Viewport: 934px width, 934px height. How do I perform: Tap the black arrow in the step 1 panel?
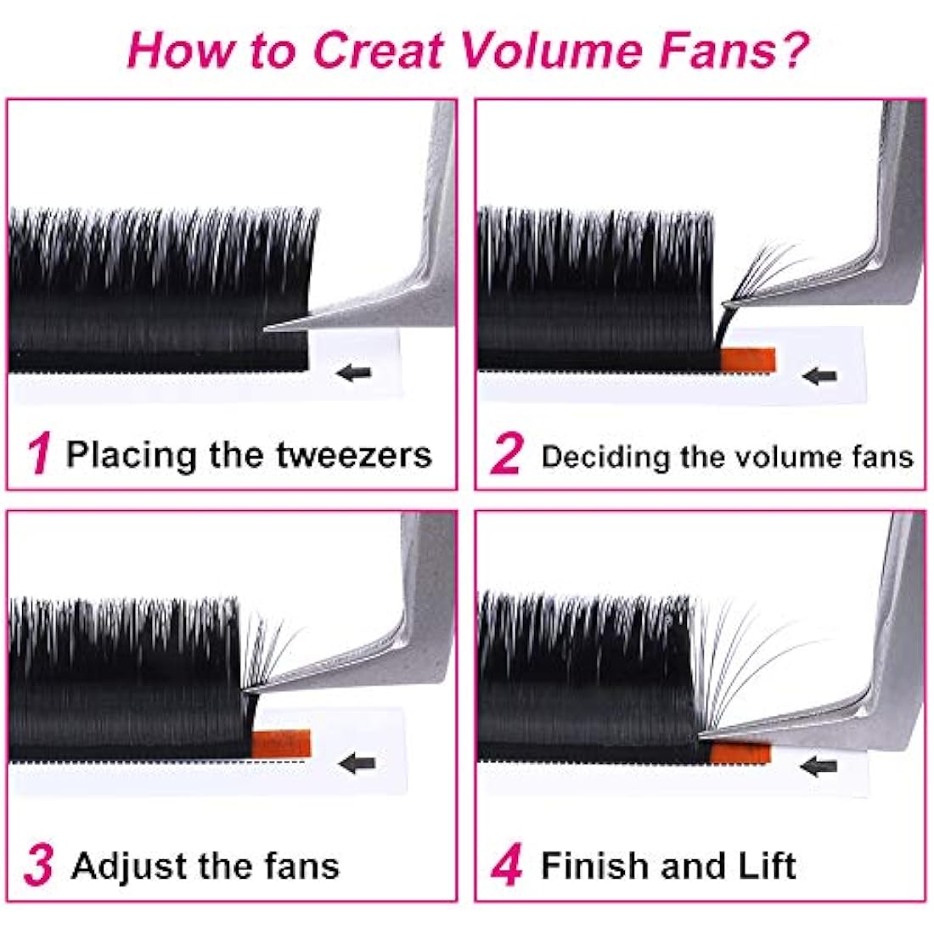pos(355,372)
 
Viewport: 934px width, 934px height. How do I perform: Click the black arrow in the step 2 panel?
pos(820,375)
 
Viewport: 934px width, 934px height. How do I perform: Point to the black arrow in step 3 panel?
pos(357,762)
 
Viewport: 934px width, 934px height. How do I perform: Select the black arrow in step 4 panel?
pos(819,766)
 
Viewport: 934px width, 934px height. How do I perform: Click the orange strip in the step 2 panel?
pos(748,359)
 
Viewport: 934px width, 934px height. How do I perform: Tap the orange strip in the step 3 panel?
pos(283,744)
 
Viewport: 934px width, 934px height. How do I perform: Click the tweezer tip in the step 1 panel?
pos(270,329)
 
